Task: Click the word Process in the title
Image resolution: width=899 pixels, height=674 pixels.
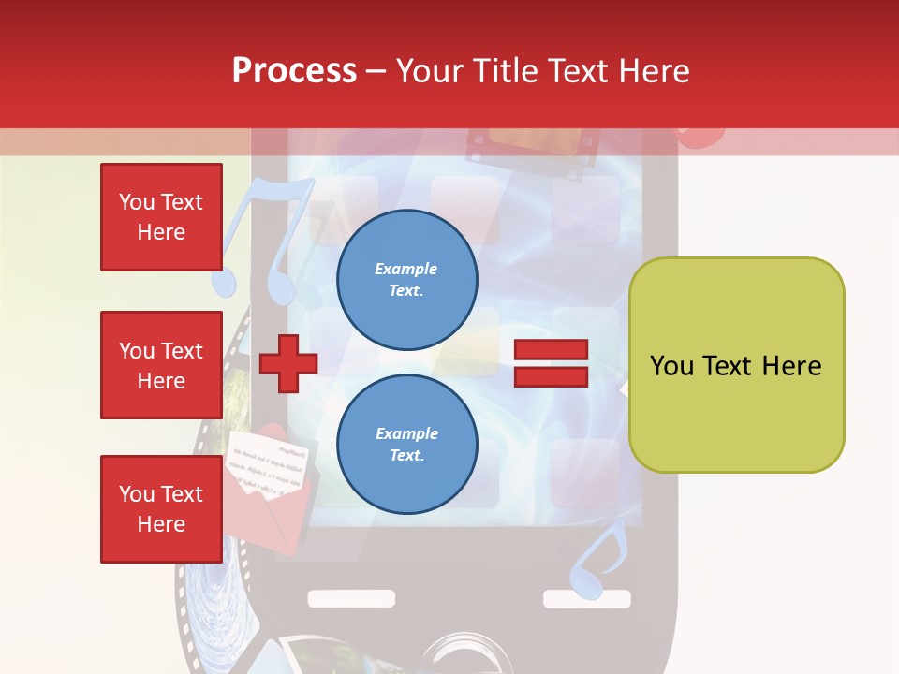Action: [294, 71]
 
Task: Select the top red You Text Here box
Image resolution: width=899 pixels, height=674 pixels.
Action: [161, 217]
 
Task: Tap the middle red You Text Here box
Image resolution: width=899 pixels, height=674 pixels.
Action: [161, 365]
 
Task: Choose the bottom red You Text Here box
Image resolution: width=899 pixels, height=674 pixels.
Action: [161, 509]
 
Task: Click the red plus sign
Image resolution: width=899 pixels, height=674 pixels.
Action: [288, 362]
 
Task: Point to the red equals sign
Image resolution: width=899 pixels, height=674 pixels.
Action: [551, 363]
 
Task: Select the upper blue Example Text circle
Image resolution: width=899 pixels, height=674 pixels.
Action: [406, 280]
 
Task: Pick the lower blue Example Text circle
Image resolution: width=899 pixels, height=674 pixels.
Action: [406, 445]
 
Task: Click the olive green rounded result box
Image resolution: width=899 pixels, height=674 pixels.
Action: [736, 365]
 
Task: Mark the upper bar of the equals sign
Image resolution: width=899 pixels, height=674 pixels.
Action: [551, 350]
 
